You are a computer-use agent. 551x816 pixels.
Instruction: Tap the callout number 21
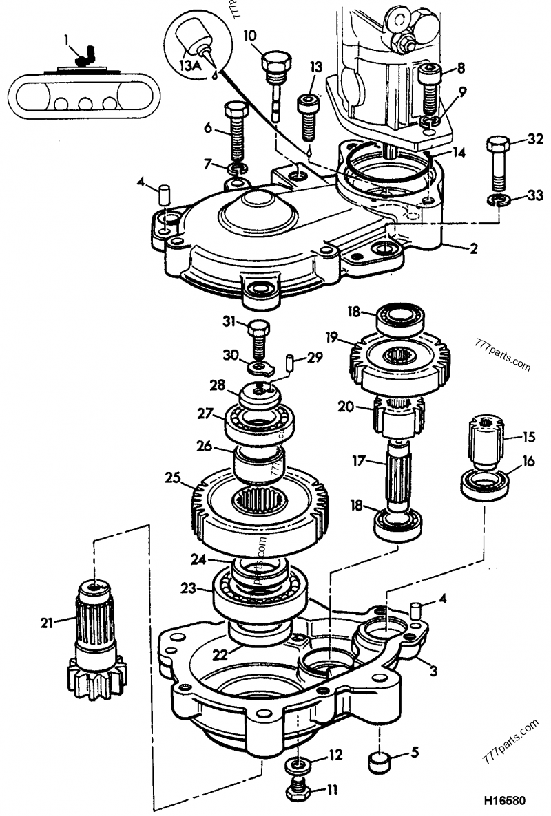coord(46,623)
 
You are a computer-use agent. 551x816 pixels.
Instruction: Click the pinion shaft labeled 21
coord(95,640)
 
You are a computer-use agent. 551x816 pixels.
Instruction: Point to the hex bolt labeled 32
coord(498,162)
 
